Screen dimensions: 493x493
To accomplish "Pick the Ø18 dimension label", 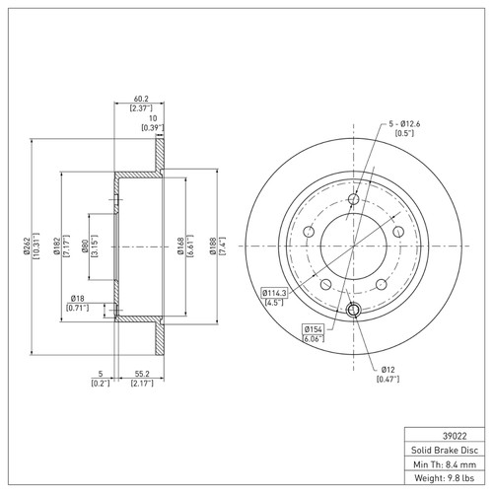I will click(79, 299).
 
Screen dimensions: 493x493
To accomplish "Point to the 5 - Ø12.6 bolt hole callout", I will click(402, 123).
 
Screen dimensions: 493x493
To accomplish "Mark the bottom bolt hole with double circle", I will click(353, 312).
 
